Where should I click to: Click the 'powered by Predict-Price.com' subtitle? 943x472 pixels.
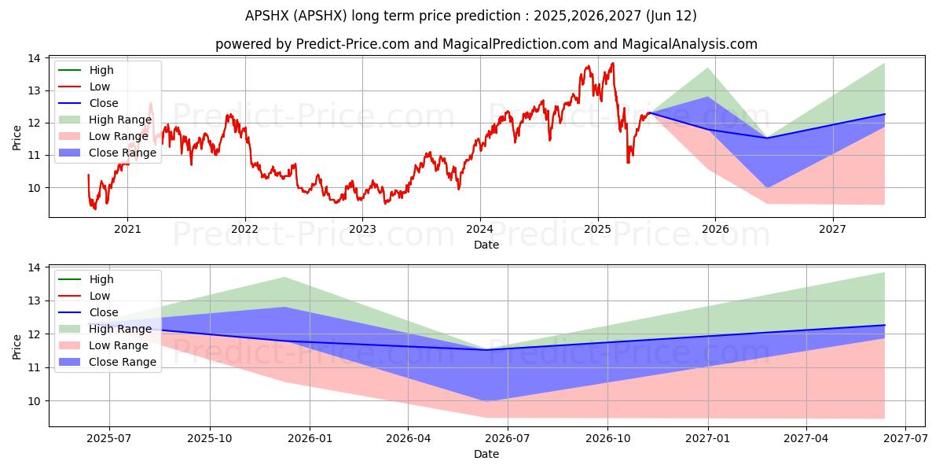tap(486, 45)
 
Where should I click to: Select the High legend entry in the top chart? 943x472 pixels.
tap(101, 70)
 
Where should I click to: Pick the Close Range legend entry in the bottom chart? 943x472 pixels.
tap(123, 362)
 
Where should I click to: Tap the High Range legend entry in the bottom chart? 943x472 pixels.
tap(120, 329)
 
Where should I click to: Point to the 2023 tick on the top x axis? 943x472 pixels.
tap(362, 230)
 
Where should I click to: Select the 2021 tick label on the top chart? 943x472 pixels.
tap(127, 230)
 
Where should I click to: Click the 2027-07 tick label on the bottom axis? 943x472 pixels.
tap(906, 439)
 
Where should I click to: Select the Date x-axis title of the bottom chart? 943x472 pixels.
tap(486, 454)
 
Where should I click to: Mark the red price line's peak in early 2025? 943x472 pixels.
tap(612, 63)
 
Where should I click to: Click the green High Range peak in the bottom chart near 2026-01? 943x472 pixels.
tap(284, 277)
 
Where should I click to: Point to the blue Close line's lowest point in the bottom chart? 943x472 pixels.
tap(487, 350)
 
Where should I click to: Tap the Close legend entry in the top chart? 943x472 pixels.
tap(104, 103)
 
